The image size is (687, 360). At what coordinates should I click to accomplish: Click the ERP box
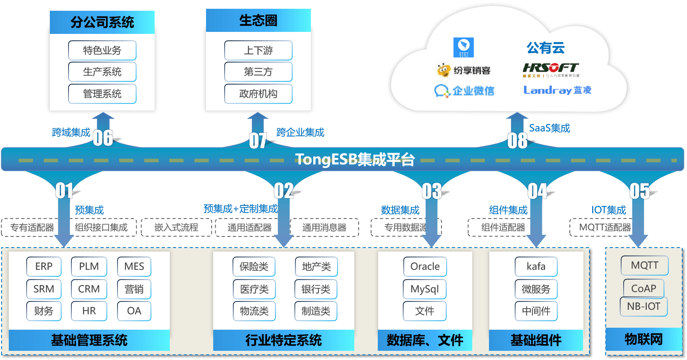(44, 266)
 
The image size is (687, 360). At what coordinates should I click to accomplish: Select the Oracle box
(425, 266)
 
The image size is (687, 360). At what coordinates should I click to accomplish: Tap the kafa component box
(536, 266)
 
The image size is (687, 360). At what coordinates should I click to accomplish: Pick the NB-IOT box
(644, 307)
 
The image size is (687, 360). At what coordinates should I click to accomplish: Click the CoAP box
(644, 288)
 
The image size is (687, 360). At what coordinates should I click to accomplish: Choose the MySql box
(425, 289)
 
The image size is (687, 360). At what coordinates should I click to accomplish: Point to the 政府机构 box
(258, 94)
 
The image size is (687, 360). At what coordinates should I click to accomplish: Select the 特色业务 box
(102, 50)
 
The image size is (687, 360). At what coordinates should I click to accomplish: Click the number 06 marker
(103, 138)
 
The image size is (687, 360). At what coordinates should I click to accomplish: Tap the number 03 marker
(432, 191)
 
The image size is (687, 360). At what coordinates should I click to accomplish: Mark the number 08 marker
(517, 140)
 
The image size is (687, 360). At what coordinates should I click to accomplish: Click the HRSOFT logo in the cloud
(551, 69)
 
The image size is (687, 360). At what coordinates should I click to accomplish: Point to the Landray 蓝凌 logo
(557, 90)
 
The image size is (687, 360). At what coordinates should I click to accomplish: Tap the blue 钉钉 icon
(463, 47)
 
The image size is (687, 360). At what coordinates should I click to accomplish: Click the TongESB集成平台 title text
(355, 159)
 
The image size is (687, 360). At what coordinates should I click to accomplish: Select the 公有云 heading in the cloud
(546, 48)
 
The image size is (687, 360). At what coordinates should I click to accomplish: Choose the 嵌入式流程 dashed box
(176, 227)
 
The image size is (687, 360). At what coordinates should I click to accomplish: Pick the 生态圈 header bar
(258, 20)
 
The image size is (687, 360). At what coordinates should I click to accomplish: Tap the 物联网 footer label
(644, 339)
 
